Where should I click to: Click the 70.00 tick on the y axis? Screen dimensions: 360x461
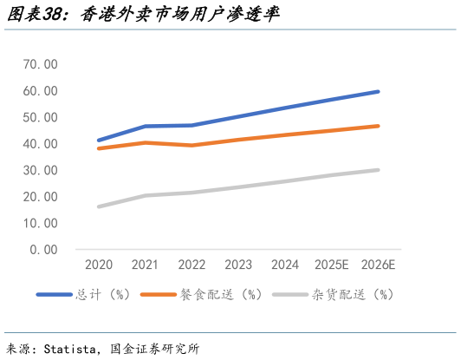[x=41, y=64]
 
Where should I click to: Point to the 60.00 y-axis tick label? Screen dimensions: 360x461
[x=41, y=91]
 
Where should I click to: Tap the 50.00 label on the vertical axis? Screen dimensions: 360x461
[x=41, y=117]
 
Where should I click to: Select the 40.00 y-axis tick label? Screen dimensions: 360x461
[x=41, y=144]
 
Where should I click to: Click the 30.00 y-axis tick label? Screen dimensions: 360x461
[x=41, y=170]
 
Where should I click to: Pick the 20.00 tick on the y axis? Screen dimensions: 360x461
[x=41, y=197]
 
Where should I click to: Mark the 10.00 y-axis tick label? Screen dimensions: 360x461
[x=41, y=223]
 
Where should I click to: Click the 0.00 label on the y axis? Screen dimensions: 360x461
[x=43, y=250]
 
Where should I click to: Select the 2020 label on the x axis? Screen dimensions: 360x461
[x=98, y=264]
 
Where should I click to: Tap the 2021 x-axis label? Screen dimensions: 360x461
[x=145, y=264]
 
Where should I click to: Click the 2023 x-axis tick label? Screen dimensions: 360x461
[x=238, y=264]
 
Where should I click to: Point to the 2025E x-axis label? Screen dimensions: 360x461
[x=331, y=264]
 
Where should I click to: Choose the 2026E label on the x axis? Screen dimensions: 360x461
[x=378, y=264]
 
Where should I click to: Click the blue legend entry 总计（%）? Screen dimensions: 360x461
[x=96, y=295]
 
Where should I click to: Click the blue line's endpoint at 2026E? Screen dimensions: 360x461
[x=378, y=91]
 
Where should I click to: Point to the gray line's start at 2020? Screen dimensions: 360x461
[x=99, y=206]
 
